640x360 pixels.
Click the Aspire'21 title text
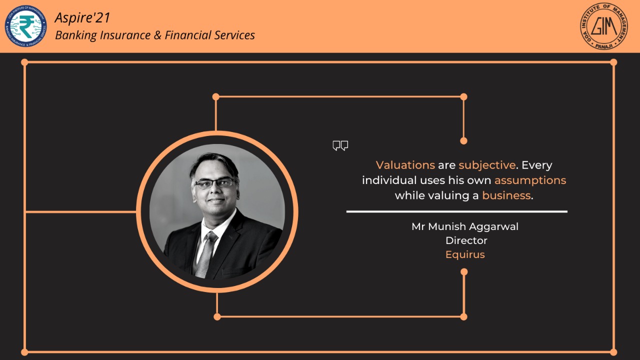click(82, 17)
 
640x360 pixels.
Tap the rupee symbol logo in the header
click(25, 26)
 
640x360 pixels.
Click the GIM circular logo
click(603, 26)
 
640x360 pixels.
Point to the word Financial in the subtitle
click(187, 35)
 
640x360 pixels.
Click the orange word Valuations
click(405, 165)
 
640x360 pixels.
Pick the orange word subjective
click(487, 165)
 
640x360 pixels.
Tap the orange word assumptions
click(530, 180)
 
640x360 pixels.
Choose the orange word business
click(506, 195)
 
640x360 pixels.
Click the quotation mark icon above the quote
click(340, 145)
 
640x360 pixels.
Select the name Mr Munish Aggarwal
click(465, 226)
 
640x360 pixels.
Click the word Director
click(466, 240)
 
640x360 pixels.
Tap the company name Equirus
click(465, 254)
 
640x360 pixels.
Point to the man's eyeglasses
click(215, 183)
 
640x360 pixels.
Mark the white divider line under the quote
click(457, 211)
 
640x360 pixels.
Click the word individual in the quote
click(389, 180)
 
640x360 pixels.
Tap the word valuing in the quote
click(448, 196)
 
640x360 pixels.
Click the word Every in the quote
click(537, 165)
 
